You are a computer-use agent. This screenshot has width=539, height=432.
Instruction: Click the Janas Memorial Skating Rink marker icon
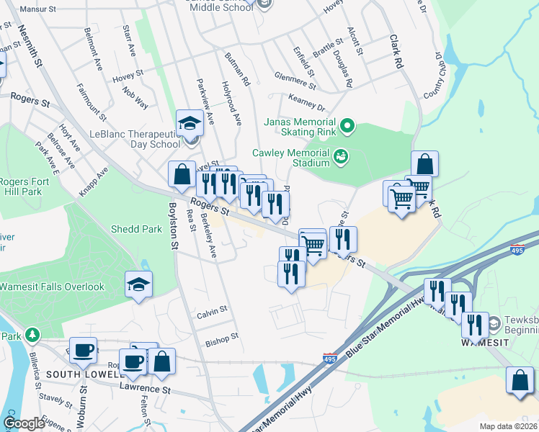[x=347, y=127]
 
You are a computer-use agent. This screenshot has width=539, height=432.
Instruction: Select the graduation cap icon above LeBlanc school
[x=189, y=122]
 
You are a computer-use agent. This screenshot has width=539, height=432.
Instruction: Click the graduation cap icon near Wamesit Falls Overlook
[x=138, y=284]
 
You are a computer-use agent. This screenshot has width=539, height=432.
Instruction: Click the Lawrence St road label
[x=145, y=390]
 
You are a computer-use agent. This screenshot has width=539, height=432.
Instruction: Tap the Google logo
[x=24, y=423]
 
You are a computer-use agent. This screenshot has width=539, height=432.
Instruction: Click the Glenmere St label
[x=295, y=80]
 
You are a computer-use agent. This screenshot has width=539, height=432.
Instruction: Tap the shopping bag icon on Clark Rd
[x=424, y=163]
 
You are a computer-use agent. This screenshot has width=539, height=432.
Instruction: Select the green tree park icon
[x=31, y=335]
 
